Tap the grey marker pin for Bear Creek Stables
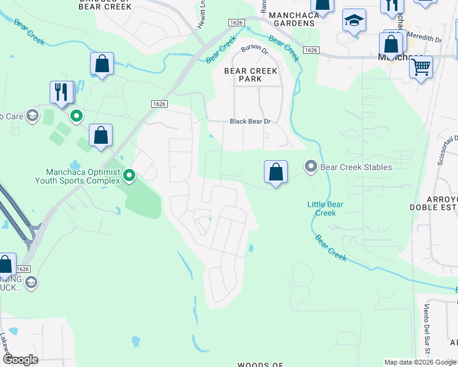click(x=311, y=166)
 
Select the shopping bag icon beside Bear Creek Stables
click(x=276, y=172)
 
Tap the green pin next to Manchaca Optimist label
click(x=129, y=176)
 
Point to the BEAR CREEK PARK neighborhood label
click(x=251, y=75)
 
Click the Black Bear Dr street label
click(x=250, y=122)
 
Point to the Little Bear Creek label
click(x=321, y=209)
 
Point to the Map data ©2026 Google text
click(x=419, y=362)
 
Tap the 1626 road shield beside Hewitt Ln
click(x=235, y=23)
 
